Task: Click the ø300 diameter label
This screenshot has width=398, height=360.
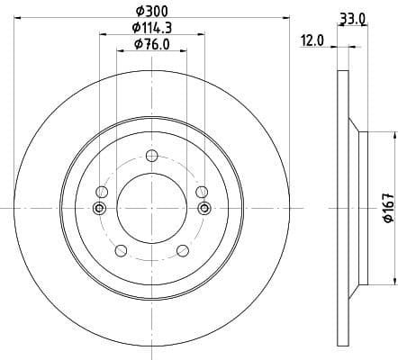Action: click(150, 10)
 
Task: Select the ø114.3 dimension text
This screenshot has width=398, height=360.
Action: click(150, 28)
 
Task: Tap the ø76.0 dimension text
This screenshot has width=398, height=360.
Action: click(150, 44)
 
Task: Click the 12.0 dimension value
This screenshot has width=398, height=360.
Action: click(312, 40)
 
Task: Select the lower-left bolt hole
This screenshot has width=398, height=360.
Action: click(120, 249)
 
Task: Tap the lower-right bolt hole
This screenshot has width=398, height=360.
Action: click(182, 249)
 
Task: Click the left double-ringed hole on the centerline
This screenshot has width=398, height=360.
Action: click(99, 209)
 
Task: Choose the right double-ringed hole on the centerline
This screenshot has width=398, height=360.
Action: click(203, 209)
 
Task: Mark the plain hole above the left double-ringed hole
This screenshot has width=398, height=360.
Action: click(101, 192)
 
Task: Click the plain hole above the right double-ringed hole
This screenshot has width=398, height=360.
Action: click(201, 192)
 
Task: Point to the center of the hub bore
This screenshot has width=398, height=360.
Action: click(150, 209)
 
